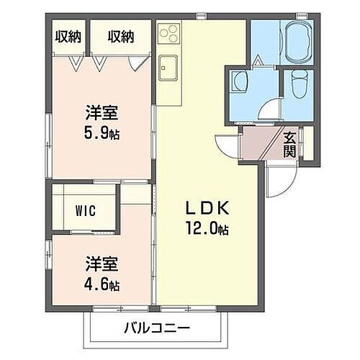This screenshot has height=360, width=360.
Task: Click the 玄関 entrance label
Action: pyautogui.click(x=289, y=145)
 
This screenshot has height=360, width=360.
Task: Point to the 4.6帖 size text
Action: pyautogui.click(x=101, y=284)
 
